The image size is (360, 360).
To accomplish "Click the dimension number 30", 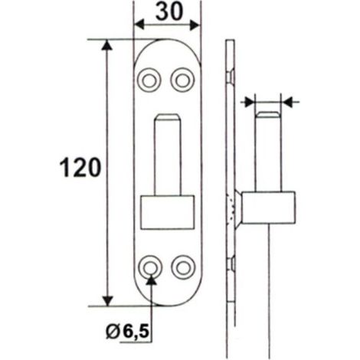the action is point(169,12).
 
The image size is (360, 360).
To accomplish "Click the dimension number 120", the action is point(80,168).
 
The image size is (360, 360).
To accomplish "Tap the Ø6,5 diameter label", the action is point(127,332).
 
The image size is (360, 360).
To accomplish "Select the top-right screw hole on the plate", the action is point(183,80).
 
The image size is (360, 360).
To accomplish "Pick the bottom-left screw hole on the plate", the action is point(150,267).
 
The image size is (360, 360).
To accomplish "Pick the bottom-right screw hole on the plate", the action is point(183,267).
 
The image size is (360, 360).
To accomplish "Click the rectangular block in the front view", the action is point(167,212).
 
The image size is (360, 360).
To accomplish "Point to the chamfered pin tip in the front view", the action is point(168,117).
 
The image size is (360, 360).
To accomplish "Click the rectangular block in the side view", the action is point(269,208).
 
